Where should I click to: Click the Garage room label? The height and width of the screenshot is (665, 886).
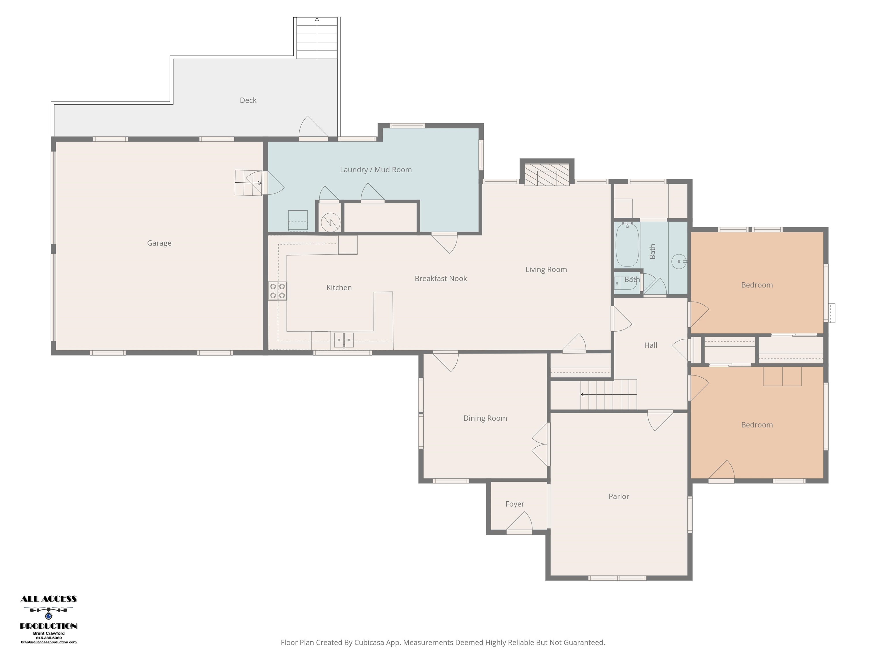tap(159, 243)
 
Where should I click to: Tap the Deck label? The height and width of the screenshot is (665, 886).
tap(248, 100)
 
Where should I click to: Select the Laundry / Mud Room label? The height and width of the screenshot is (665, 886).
tap(376, 169)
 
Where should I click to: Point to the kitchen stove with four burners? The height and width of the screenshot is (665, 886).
tap(277, 291)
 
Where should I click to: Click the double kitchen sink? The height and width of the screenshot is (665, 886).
tap(344, 340)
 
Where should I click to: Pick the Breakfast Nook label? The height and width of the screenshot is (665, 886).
tap(441, 279)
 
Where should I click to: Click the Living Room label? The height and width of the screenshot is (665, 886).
tap(546, 269)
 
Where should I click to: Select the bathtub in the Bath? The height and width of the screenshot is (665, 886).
tap(627, 244)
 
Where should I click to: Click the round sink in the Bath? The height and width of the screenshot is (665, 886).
tap(679, 261)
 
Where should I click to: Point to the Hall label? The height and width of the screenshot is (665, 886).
tap(650, 345)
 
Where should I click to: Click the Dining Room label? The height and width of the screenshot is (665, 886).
tap(485, 418)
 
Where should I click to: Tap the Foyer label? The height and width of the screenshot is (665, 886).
tap(515, 504)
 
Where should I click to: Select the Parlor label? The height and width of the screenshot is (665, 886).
tap(619, 496)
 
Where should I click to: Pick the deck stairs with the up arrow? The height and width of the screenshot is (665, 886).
tap(317, 38)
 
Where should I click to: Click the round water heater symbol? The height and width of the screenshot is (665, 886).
tap(331, 222)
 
